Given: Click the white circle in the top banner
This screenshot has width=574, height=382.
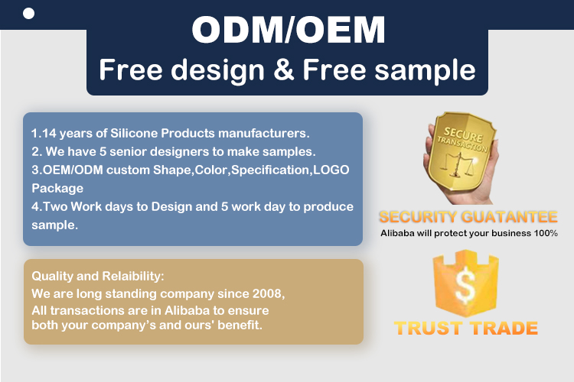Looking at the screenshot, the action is pyautogui.click(x=28, y=14).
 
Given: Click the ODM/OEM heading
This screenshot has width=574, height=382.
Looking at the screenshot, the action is pyautogui.click(x=289, y=30).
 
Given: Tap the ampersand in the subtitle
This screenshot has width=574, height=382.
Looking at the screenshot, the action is pyautogui.click(x=284, y=69).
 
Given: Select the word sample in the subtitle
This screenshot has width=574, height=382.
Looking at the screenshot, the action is pyautogui.click(x=425, y=70).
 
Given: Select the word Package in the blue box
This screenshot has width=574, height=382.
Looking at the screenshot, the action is pyautogui.click(x=57, y=189).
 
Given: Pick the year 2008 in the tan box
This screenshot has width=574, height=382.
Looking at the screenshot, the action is pyautogui.click(x=268, y=293).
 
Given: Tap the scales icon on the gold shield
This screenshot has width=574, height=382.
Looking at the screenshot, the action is pyautogui.click(x=457, y=166).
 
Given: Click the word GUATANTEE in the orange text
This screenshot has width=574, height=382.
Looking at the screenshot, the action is pyautogui.click(x=509, y=217).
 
